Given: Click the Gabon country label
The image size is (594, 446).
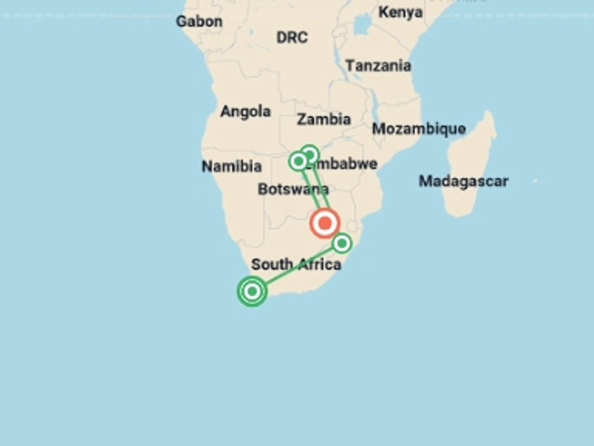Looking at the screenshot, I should click(x=199, y=22).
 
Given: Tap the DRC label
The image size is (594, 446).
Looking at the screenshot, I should click(x=292, y=37).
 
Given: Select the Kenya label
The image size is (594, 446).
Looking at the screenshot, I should click(x=400, y=12).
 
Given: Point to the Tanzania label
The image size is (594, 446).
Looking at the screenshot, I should click(x=378, y=66).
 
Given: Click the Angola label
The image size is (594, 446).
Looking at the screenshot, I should click(x=246, y=111).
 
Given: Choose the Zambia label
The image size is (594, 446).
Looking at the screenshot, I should click(x=324, y=119).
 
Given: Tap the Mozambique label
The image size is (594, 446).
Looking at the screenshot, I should click(x=419, y=129).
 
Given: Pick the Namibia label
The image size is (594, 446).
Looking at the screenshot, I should click(x=232, y=166).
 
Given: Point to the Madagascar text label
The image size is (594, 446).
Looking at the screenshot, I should click(x=463, y=181).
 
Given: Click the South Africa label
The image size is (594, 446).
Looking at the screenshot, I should click(x=296, y=265).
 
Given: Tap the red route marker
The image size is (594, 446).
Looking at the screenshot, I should click(x=325, y=223).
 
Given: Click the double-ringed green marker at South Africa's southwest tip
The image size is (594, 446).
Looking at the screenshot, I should click(x=252, y=291).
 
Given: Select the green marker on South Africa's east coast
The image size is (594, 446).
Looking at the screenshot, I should click(x=342, y=243).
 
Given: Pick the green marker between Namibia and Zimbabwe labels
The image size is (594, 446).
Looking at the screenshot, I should click(x=298, y=161).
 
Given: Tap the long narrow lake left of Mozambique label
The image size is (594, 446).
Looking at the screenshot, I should click(x=376, y=102).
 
